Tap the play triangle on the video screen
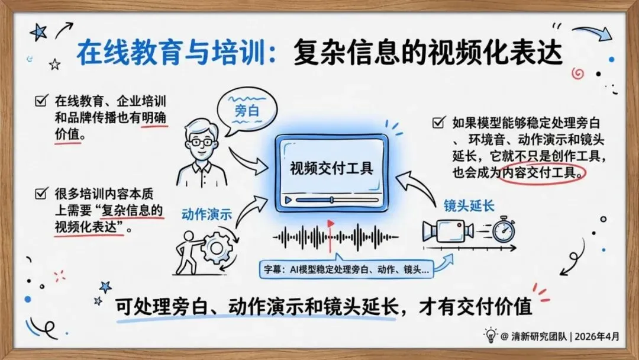pyautogui.click(x=289, y=200)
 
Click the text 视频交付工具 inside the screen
pyautogui.click(x=331, y=168)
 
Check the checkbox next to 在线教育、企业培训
pyautogui.click(x=41, y=101)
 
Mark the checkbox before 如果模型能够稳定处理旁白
pyautogui.click(x=438, y=123)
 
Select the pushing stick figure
pyautogui.click(x=188, y=251)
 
